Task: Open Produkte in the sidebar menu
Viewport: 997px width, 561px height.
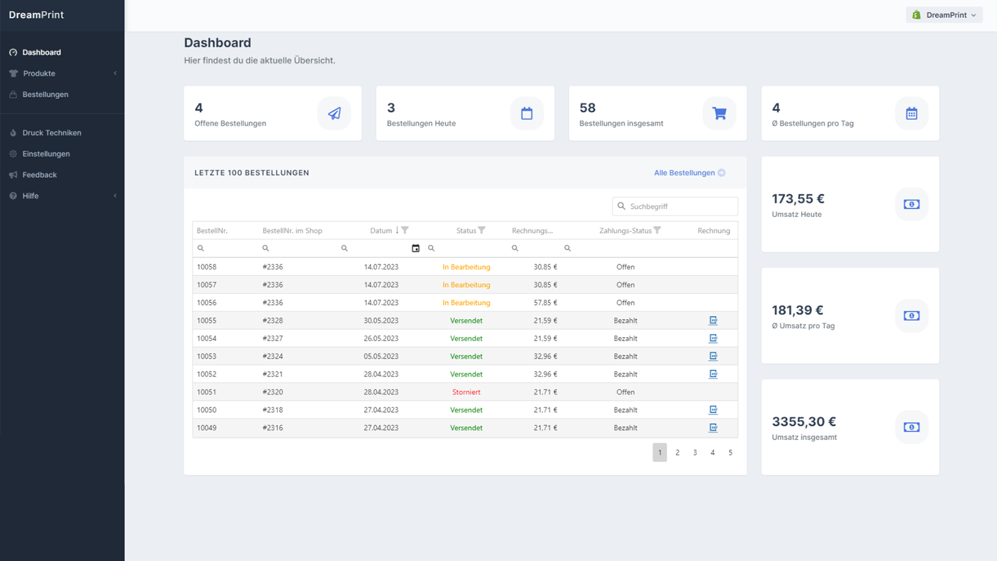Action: (39, 74)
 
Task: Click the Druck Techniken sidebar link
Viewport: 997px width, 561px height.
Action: (52, 133)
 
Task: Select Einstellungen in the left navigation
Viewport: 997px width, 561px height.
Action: (46, 153)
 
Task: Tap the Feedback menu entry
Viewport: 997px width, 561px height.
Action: (39, 175)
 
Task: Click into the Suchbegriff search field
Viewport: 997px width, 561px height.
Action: (675, 206)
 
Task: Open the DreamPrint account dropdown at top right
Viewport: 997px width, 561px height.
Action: (944, 15)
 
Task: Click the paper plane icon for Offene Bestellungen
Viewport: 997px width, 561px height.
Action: (334, 113)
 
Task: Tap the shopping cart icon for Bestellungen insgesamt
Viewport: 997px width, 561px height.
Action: (719, 113)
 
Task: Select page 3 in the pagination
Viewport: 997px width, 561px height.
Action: (695, 453)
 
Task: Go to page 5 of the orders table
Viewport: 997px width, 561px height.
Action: (730, 453)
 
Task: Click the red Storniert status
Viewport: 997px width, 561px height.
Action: (466, 392)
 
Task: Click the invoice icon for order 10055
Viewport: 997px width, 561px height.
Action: (713, 320)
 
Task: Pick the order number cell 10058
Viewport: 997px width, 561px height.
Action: (206, 267)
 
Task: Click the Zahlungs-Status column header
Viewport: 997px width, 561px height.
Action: (625, 231)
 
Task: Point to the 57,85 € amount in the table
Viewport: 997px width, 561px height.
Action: (545, 303)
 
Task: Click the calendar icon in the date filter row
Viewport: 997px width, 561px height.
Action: (415, 249)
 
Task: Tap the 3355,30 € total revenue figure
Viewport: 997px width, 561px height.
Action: (804, 421)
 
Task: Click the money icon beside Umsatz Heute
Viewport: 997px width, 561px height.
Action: (912, 204)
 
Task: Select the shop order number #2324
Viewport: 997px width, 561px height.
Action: (272, 356)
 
